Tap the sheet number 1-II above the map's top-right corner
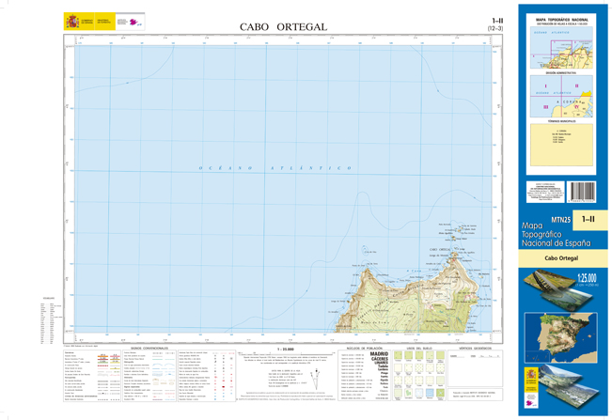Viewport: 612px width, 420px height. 496,21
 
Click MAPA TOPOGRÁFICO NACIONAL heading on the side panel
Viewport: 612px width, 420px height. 561,17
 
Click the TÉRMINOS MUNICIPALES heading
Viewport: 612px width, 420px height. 561,123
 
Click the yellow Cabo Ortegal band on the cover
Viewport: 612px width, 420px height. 561,257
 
